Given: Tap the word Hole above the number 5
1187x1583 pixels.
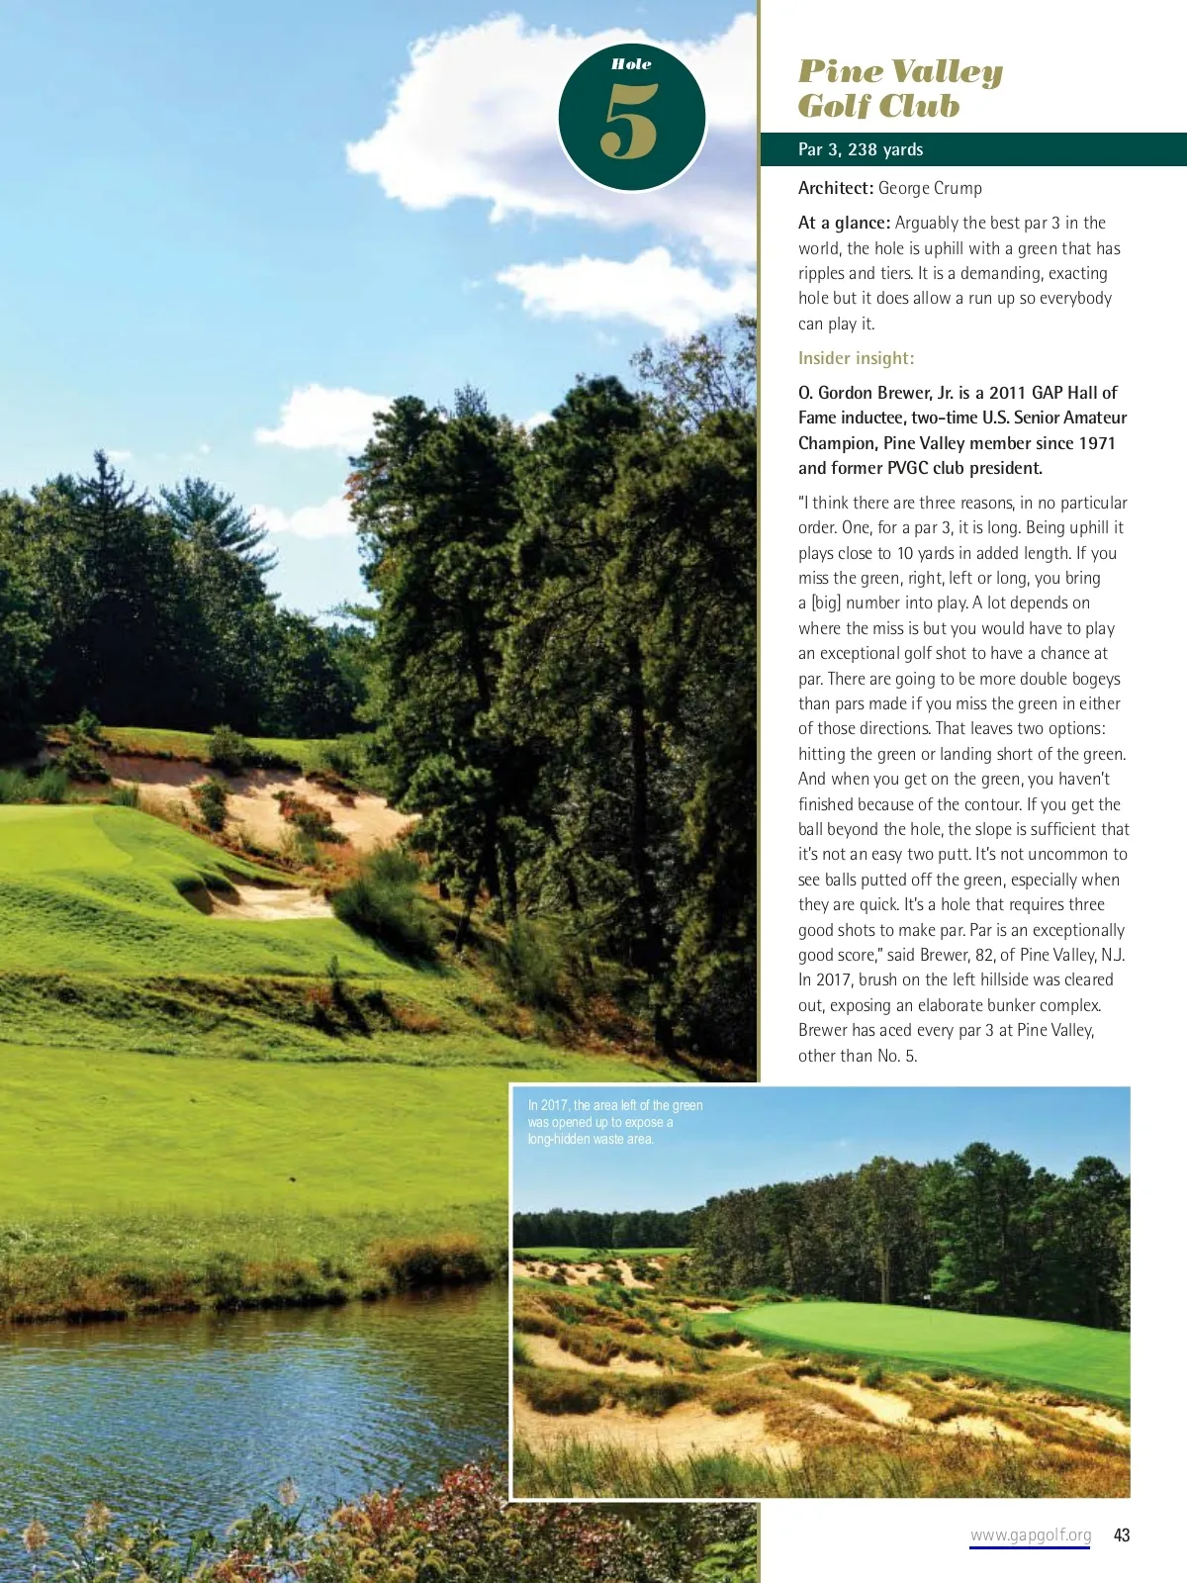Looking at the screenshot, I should coord(631,64).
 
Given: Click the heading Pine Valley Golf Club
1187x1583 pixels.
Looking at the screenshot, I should coord(899,88).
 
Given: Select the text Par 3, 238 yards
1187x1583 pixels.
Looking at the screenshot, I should coord(861,149).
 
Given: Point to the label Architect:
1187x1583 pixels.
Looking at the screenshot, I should coord(836,188).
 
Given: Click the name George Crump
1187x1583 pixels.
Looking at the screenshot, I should coord(930,188).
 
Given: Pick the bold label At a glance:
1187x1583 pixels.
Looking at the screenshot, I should coord(844,223).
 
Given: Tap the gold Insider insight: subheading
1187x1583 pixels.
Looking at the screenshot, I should coord(856,358).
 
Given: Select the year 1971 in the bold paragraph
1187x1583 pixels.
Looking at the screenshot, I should coord(1095,443).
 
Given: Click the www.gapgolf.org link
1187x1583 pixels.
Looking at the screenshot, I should coord(1030,1536).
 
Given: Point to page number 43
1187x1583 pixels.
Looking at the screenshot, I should coord(1122,1536).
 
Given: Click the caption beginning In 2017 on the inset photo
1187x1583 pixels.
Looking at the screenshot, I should coord(614,1122).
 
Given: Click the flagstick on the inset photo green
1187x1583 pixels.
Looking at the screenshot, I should coord(928,1299).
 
